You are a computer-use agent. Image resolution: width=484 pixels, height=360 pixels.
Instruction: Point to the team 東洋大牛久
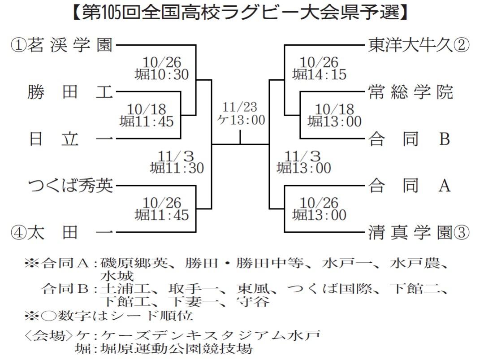pyautogui.click(x=411, y=45)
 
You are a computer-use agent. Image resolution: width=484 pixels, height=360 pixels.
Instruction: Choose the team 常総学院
pyautogui.click(x=411, y=92)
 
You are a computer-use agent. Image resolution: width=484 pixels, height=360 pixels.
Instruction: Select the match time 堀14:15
pyautogui.click(x=319, y=74)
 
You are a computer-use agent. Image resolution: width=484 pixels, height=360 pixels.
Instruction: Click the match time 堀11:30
pyautogui.click(x=177, y=168)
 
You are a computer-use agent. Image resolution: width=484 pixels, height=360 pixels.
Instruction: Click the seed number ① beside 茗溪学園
pyautogui.click(x=19, y=45)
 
